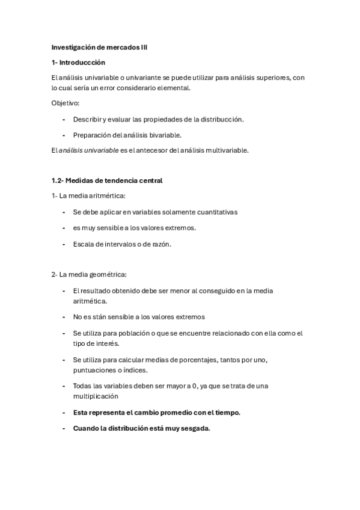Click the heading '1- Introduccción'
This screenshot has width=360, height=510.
click(78, 62)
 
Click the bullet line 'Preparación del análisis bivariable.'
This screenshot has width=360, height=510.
click(127, 135)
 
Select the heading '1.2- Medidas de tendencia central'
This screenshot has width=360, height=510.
click(107, 180)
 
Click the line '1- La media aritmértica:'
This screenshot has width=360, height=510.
click(88, 196)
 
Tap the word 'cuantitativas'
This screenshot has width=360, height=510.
click(215, 212)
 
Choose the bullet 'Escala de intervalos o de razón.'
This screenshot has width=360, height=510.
click(122, 244)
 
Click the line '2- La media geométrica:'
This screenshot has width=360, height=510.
click(88, 275)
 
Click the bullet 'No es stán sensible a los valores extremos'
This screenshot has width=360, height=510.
click(139, 316)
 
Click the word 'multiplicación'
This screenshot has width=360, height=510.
click(96, 396)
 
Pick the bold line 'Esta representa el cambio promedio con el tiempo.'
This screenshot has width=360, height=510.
click(156, 413)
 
